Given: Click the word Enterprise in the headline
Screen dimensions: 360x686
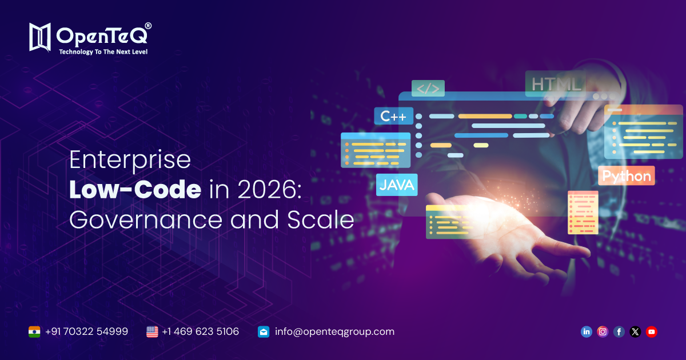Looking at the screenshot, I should pos(130,159).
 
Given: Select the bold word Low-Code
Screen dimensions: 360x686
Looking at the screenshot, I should pos(135,190).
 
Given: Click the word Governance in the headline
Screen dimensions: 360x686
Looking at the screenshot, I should pos(147,220).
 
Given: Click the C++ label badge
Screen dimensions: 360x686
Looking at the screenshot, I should pos(393,117).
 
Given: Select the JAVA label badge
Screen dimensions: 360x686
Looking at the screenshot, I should pos(397,185).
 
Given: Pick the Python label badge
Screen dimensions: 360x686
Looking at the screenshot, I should pos(627,176).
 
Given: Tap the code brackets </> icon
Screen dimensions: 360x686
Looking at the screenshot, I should pos(428,89).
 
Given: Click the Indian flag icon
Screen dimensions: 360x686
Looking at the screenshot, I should pos(35,331).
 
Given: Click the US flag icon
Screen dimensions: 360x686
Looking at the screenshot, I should pos(152,331).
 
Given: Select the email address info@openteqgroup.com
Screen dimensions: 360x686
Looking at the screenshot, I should pos(334,331).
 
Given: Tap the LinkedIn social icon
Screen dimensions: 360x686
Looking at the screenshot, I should pos(586,331).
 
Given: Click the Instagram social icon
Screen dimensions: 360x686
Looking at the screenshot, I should pos(603,331).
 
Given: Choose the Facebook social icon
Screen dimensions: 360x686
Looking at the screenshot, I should pos(619,331).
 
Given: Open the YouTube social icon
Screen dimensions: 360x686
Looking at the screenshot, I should pos(651,331).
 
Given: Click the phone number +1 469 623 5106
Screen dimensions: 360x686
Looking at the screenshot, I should pos(200,331).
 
